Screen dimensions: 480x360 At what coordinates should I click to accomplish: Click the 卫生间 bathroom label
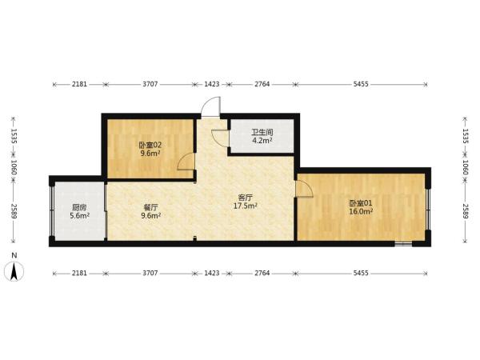[262, 132]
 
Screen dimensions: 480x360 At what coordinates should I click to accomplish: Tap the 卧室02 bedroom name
[150, 145]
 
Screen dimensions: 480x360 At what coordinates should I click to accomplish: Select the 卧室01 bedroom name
[361, 203]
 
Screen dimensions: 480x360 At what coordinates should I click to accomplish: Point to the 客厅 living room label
[246, 198]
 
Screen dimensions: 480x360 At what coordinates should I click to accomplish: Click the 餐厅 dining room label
[151, 207]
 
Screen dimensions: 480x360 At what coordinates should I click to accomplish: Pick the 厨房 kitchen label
[79, 207]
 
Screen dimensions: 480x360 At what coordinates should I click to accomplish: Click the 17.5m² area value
[246, 206]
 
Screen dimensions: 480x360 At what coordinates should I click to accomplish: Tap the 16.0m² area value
[361, 211]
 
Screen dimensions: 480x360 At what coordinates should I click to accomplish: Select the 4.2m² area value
[262, 141]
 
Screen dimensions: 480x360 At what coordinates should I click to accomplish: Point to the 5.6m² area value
[79, 215]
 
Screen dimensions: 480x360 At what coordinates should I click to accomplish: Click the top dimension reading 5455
[361, 84]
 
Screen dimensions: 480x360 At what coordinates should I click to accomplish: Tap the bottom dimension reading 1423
[212, 273]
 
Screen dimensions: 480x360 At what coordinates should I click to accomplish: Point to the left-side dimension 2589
[14, 211]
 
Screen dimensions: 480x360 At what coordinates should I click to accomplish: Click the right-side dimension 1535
[466, 136]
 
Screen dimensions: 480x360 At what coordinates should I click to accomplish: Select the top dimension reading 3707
[150, 84]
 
